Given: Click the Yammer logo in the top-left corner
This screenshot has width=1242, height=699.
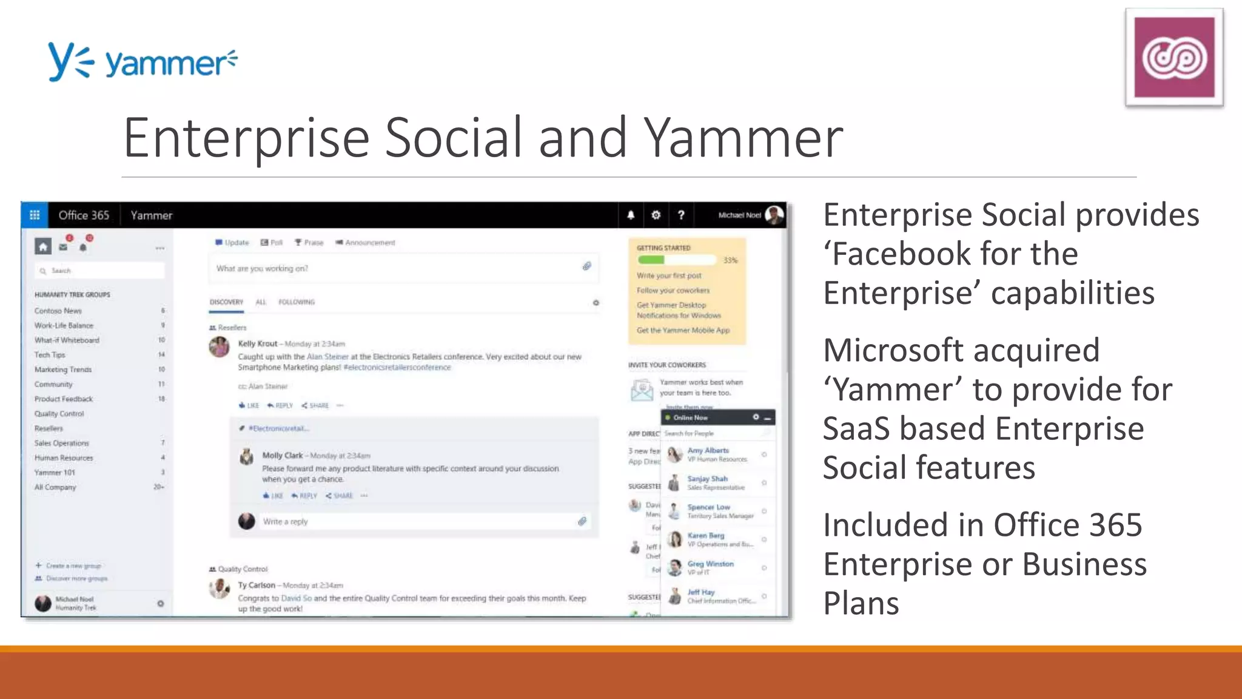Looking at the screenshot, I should click(x=143, y=61).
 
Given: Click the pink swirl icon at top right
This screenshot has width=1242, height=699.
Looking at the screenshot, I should click(x=1174, y=58).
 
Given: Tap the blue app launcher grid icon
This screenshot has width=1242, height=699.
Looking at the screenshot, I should click(x=35, y=215).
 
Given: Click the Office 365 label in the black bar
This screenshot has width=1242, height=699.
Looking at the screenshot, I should click(x=84, y=215).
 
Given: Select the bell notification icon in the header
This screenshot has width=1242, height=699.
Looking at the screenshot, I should click(x=631, y=215).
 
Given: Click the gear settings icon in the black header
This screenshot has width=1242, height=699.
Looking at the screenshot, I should click(x=656, y=215).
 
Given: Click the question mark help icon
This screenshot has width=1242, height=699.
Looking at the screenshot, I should click(x=681, y=215).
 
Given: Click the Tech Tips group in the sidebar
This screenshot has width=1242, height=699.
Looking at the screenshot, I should click(x=50, y=355).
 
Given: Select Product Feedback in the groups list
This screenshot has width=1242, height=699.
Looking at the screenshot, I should click(x=64, y=399).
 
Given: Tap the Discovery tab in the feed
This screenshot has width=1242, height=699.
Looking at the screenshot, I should click(x=226, y=302).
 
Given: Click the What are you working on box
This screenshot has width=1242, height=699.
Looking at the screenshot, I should click(x=394, y=268).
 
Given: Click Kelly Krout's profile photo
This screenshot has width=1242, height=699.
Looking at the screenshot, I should click(x=219, y=347).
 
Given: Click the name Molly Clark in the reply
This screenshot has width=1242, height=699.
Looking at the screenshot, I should click(x=282, y=455).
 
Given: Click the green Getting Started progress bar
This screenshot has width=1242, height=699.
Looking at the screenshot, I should click(x=652, y=260).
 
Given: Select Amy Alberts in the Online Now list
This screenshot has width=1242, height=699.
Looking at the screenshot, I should click(x=708, y=451).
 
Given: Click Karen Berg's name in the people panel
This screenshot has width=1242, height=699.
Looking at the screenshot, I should click(x=705, y=536).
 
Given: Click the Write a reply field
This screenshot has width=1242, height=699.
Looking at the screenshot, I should click(x=412, y=521).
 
